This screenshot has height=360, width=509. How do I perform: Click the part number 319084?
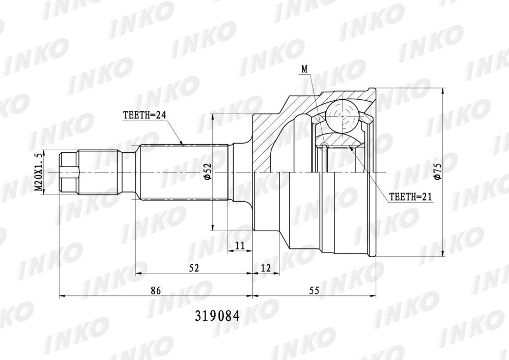(217, 316)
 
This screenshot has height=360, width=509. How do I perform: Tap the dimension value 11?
(240, 246)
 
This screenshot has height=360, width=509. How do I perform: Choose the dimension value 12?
(266, 268)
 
